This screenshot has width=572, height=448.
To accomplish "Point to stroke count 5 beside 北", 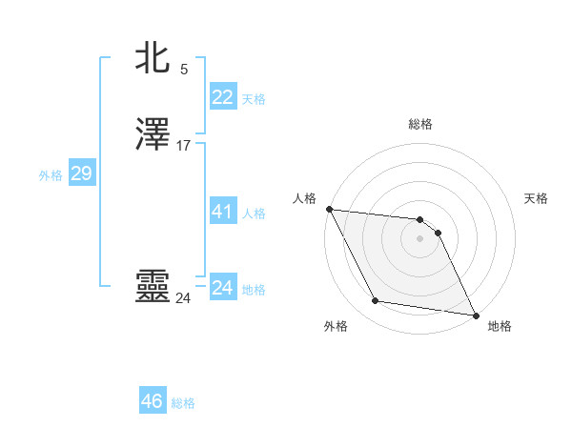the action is click(x=184, y=70).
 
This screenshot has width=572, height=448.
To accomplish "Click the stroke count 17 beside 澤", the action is click(x=184, y=146).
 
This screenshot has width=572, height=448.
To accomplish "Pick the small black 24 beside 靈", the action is click(x=183, y=298).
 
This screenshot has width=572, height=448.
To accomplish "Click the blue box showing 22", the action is click(x=222, y=97).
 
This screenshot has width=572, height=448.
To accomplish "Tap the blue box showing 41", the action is click(x=222, y=212).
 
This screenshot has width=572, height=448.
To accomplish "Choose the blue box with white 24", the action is click(x=222, y=288).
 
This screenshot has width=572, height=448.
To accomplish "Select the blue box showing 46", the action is click(x=153, y=401).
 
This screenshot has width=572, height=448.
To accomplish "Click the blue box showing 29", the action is click(x=81, y=173).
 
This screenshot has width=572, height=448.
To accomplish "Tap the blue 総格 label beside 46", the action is click(x=183, y=403).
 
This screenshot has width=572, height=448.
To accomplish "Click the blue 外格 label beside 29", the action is click(x=51, y=175).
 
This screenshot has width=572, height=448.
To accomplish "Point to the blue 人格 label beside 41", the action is click(x=254, y=214).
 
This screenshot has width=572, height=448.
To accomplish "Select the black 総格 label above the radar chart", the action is click(x=420, y=124).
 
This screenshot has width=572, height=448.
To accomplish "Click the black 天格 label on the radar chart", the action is click(x=537, y=198).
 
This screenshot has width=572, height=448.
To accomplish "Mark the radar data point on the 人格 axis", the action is click(x=329, y=209).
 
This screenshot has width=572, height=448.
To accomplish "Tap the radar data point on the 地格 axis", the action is click(x=475, y=314).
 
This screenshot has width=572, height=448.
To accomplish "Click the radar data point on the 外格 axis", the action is click(x=376, y=301).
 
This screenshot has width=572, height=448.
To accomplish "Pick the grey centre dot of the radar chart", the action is click(x=420, y=238).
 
